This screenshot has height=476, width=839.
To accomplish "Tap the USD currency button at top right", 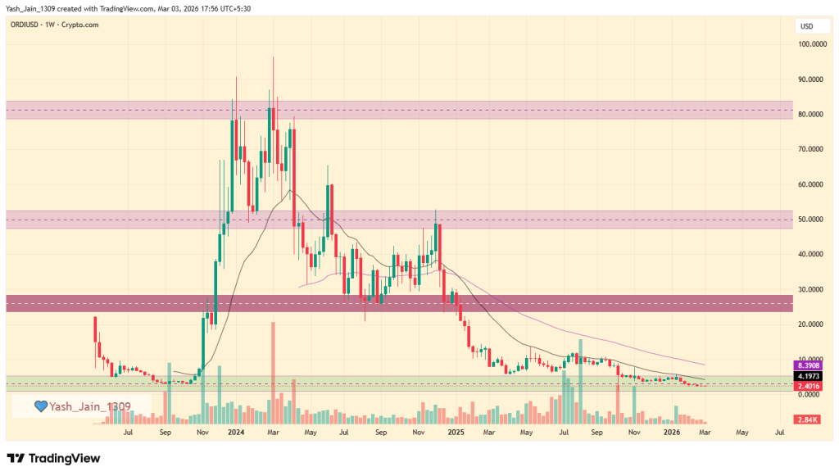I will [x=806, y=26].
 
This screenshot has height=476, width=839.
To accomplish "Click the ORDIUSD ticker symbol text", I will [x=27, y=25].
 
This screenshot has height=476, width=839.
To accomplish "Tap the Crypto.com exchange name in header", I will [x=85, y=25].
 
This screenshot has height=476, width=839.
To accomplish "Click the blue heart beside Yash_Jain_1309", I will [x=39, y=406].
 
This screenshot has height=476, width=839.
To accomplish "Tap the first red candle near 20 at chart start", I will [x=96, y=329].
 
